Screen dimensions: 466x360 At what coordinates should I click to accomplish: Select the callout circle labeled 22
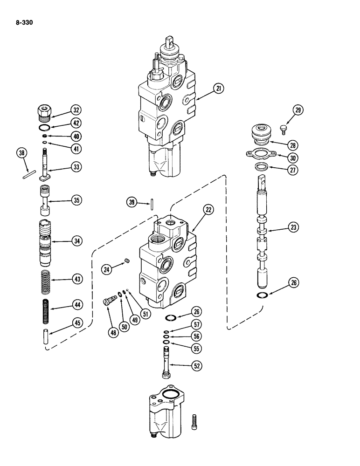click(x=208, y=211)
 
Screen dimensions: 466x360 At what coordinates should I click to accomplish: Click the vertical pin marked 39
click(x=153, y=205)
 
